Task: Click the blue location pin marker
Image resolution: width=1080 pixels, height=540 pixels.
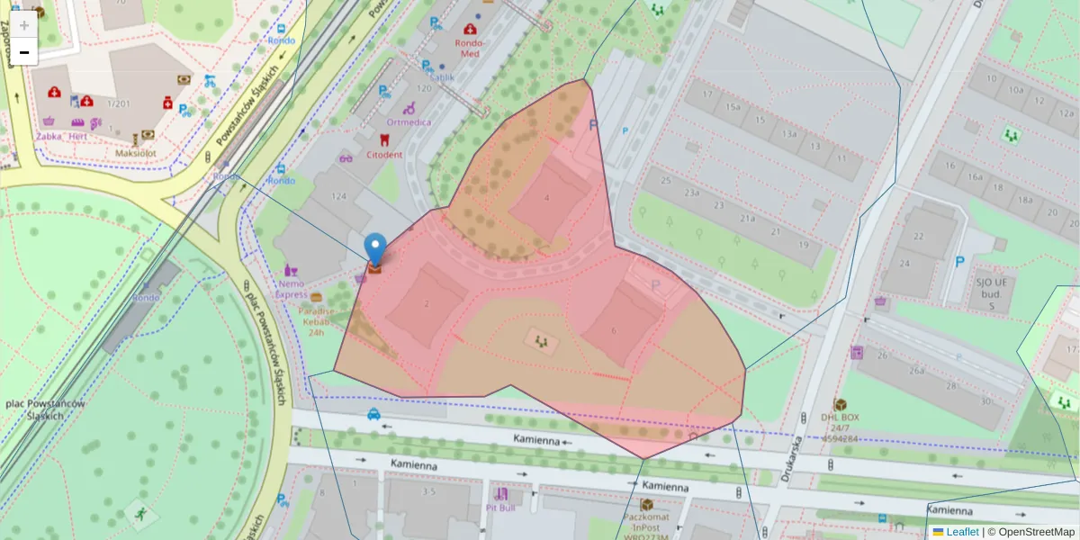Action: [375, 247]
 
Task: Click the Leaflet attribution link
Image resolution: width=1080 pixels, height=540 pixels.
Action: [962, 532]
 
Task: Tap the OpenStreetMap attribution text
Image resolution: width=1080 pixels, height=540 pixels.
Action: [1030, 532]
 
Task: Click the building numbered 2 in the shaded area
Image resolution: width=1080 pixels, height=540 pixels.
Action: [427, 304]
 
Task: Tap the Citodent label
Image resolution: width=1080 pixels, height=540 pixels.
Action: [384, 154]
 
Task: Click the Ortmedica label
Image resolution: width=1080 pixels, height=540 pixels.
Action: [409, 122]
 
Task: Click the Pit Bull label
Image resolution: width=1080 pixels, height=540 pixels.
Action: [501, 508]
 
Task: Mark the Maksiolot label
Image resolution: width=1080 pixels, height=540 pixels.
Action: [137, 153]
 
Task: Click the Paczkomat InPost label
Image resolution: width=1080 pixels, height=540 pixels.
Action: [646, 524]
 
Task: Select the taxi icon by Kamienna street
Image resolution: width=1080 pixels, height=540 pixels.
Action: [373, 414]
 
